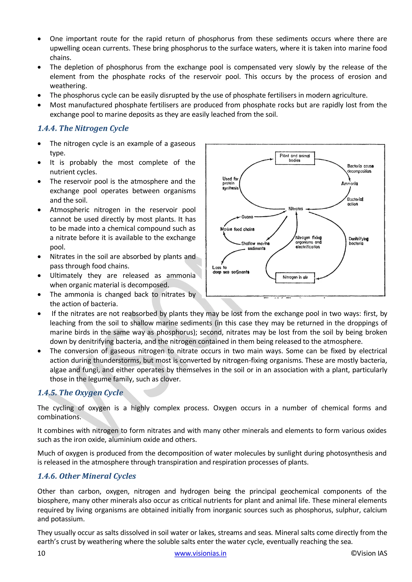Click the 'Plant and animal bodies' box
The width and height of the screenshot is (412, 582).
[295, 158]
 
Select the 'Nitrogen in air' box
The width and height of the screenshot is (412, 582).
[295, 277]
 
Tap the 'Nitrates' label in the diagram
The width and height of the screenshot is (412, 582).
[296, 209]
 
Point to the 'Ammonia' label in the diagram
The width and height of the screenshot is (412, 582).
[349, 183]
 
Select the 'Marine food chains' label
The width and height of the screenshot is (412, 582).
[237, 229]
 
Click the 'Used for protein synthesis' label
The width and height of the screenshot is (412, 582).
[230, 183]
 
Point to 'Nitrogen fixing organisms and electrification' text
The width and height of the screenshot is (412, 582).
[308, 242]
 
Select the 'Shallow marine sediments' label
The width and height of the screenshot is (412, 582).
[255, 246]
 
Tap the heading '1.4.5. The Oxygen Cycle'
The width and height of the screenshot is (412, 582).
[80, 393]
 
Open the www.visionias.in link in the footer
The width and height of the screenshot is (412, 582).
[200, 553]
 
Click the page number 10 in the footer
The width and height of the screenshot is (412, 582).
[41, 553]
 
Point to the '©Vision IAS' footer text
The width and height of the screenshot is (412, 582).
[369, 553]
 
